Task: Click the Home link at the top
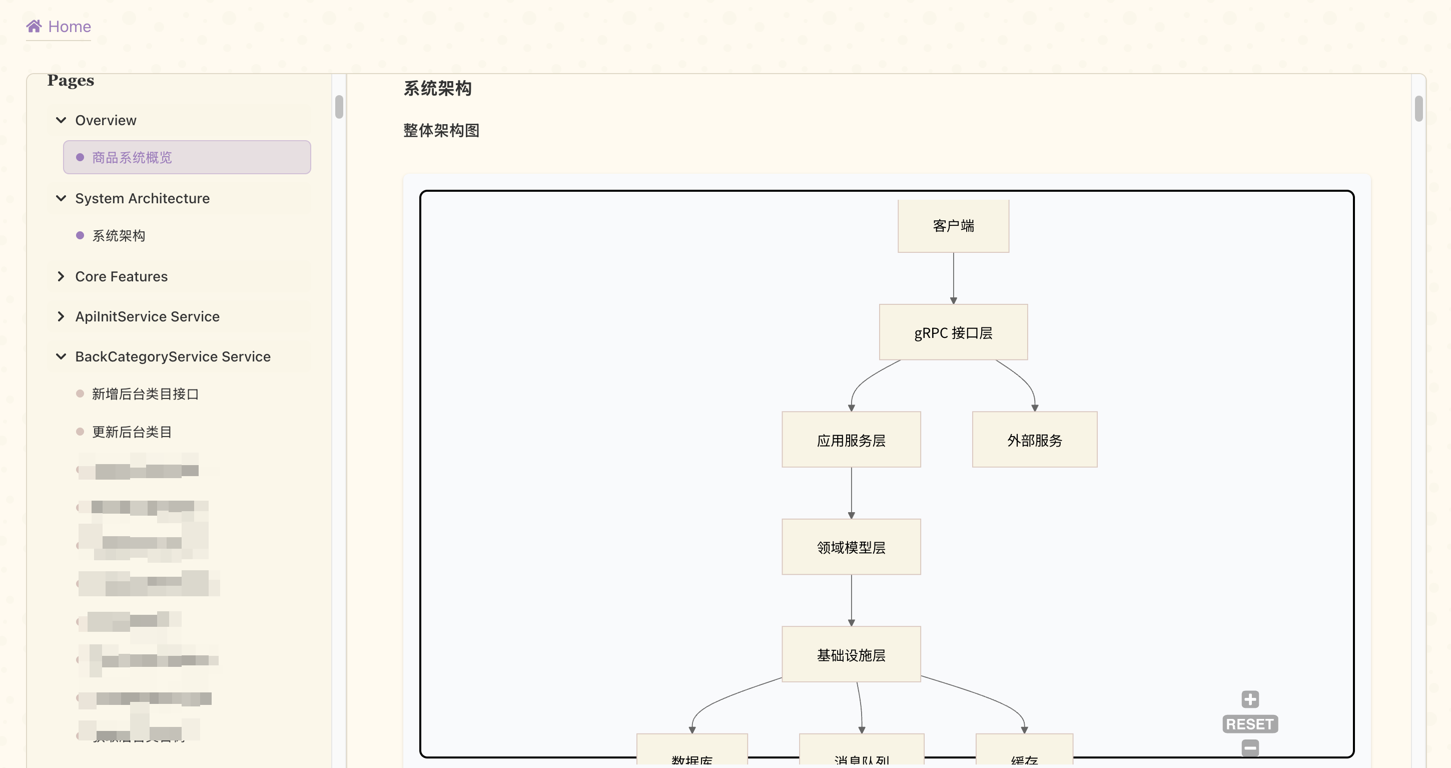click(x=69, y=27)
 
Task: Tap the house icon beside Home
click(x=34, y=26)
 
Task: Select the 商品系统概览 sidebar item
click(x=132, y=157)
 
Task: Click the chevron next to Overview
click(x=61, y=120)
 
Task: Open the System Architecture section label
click(x=142, y=198)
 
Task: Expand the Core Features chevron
click(x=61, y=277)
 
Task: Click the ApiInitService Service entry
click(x=147, y=317)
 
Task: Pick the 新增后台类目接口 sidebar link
click(x=145, y=394)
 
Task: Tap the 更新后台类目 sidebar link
click(x=131, y=432)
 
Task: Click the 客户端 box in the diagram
click(x=953, y=226)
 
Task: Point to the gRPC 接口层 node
click(x=953, y=332)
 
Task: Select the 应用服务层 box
click(x=851, y=440)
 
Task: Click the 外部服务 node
click(x=1034, y=440)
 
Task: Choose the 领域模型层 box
click(x=851, y=547)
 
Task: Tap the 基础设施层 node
click(x=851, y=655)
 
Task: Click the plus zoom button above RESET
click(x=1250, y=699)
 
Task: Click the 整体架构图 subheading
click(x=441, y=131)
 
